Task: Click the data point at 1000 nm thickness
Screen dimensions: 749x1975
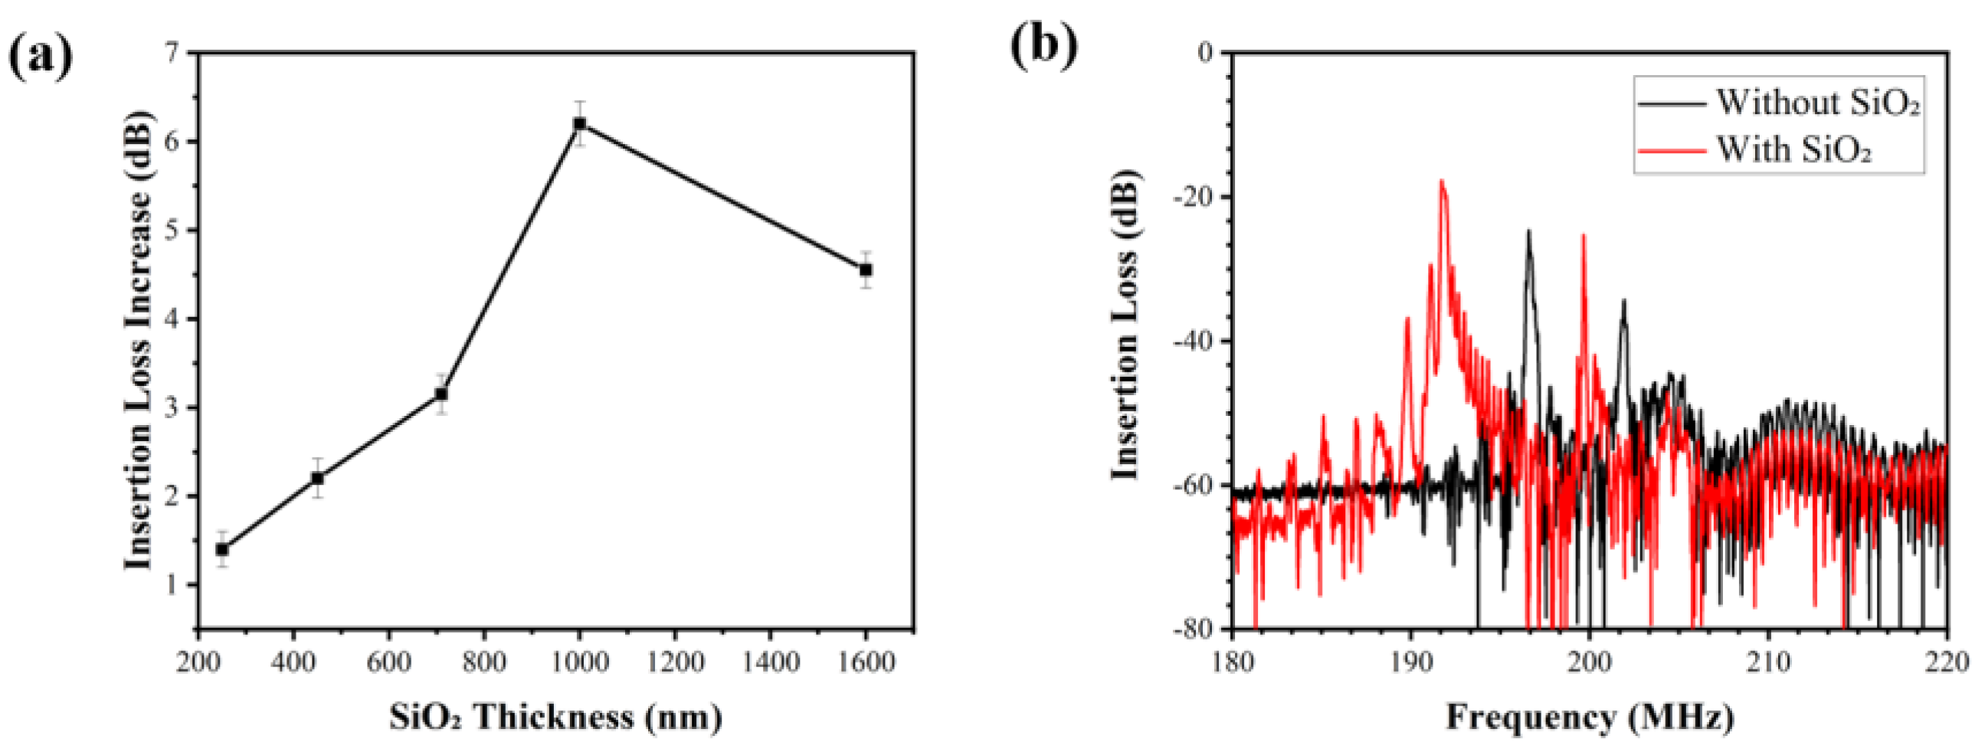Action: click(x=580, y=123)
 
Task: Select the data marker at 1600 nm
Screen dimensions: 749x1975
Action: click(x=866, y=270)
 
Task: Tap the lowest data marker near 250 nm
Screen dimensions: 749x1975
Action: click(x=222, y=549)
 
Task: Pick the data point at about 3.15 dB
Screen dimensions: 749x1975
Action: click(x=441, y=394)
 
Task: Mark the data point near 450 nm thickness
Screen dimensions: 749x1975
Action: click(x=317, y=478)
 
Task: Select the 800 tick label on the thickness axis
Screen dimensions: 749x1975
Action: click(x=483, y=662)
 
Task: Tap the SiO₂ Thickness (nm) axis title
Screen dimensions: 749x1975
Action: click(x=555, y=717)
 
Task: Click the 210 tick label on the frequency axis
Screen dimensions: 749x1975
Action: click(x=1768, y=662)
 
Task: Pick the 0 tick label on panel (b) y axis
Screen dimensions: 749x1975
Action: click(x=1206, y=53)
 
